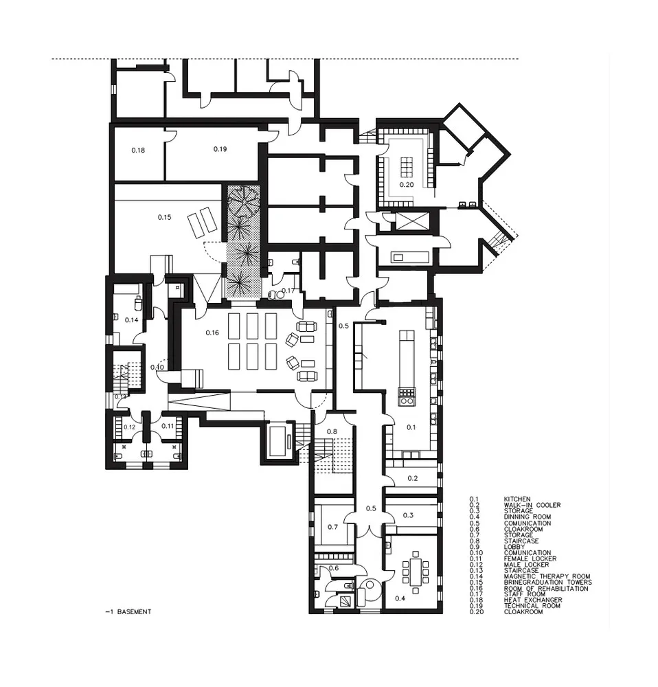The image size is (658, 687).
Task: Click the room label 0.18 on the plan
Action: click(x=137, y=149)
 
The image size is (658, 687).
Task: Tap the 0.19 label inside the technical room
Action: click(x=220, y=148)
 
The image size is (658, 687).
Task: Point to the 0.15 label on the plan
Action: click(x=164, y=217)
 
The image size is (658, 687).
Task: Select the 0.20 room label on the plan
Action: click(x=407, y=185)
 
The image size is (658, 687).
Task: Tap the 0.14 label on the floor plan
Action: click(x=132, y=319)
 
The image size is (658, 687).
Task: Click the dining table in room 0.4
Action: click(x=416, y=571)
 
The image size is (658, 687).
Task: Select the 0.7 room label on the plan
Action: click(x=332, y=527)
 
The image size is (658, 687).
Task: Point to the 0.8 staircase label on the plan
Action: click(x=332, y=431)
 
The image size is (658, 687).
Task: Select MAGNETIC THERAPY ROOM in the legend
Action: click(x=547, y=576)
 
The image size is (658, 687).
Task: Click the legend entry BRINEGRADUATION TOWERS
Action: click(x=548, y=583)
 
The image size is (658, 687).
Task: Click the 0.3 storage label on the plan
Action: click(x=408, y=515)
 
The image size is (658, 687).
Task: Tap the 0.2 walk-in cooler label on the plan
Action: click(x=413, y=477)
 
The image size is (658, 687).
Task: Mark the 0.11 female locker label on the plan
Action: click(x=168, y=426)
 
